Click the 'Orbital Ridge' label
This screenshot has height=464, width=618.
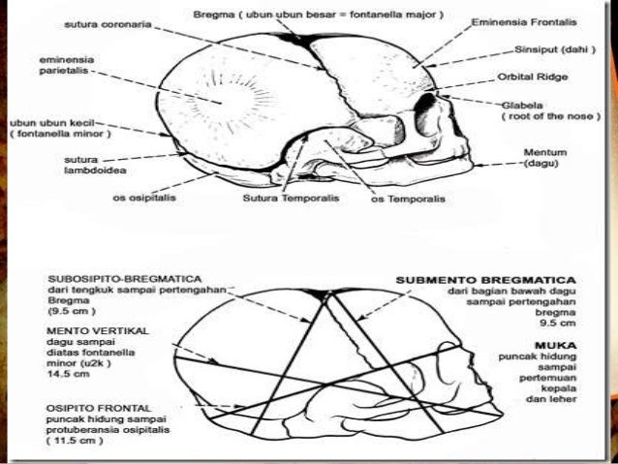tap(532, 75)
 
